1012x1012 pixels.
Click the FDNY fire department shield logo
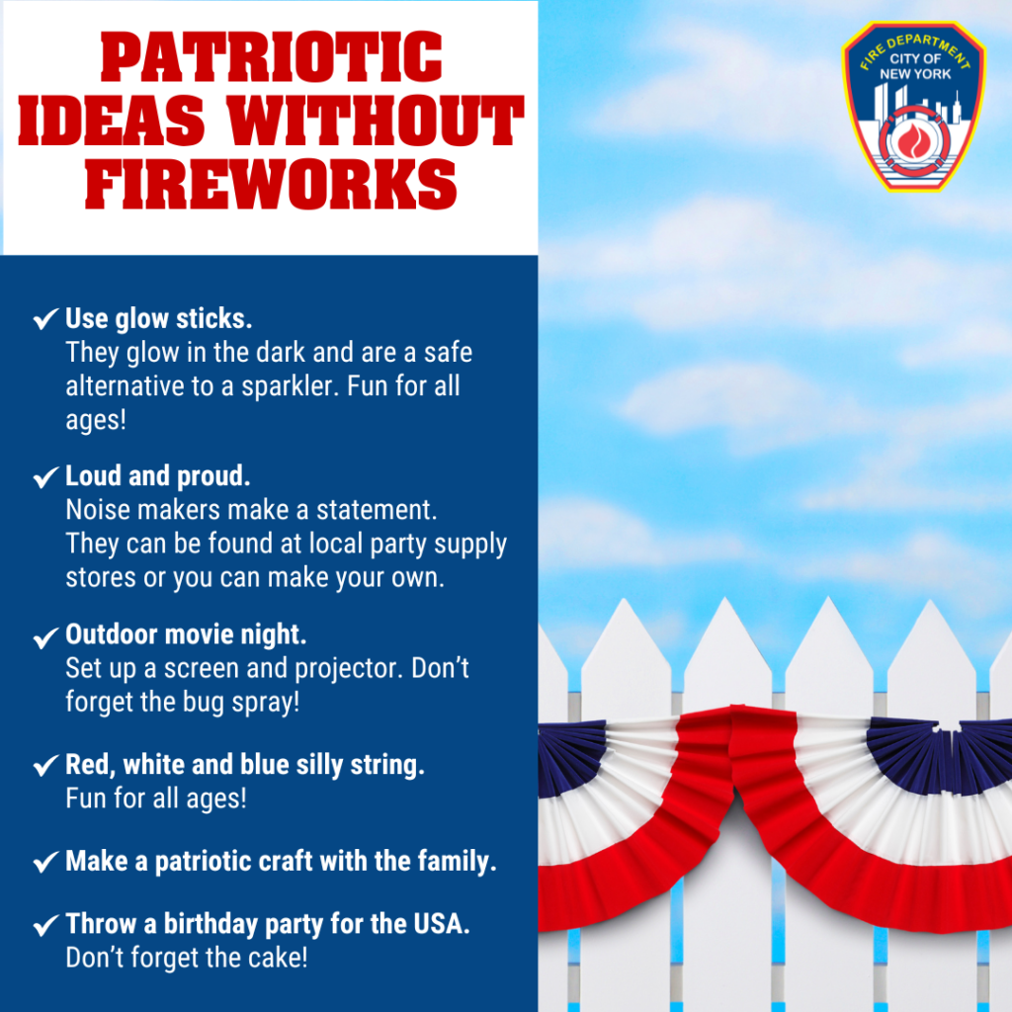[x=913, y=106]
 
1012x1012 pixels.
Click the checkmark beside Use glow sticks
[x=45, y=319]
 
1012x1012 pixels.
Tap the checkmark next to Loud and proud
[x=45, y=477]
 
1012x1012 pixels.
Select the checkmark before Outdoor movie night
[x=45, y=635]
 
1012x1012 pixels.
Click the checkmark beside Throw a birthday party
[x=45, y=926]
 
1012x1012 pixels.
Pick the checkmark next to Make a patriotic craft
[x=45, y=862]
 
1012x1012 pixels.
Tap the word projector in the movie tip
[x=351, y=668]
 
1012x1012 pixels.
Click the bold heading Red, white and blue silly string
[x=245, y=765]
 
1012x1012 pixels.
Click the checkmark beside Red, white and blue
[x=45, y=766]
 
